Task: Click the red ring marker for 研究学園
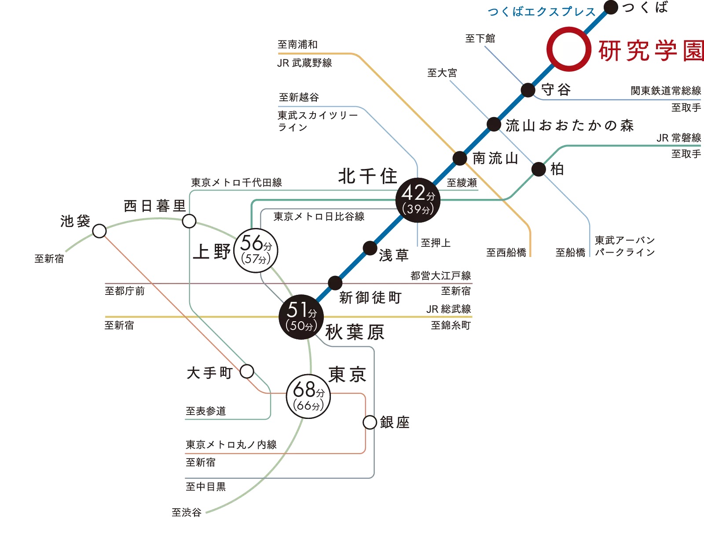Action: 568,49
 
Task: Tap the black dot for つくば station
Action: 611,7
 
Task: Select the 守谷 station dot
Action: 528,90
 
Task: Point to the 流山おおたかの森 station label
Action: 570,125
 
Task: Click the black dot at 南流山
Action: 460,158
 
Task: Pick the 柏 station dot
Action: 539,169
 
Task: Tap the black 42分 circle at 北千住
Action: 418,200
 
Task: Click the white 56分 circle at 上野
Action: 256,250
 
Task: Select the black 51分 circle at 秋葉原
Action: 301,317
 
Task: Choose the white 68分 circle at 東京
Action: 308,396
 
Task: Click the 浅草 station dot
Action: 370,248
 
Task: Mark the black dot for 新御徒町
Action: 335,283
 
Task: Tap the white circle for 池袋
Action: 99,231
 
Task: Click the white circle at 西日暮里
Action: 189,221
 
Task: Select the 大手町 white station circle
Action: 247,371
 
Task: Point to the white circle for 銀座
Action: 370,422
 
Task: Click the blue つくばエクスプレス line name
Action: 542,12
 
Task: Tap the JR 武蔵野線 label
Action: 304,63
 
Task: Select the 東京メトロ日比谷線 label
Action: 319,217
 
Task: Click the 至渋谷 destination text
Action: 187,512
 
